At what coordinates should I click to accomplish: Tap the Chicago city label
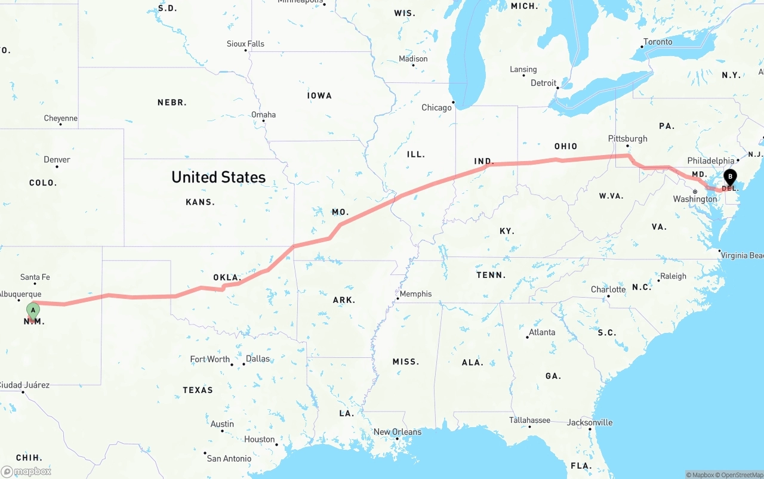(436, 108)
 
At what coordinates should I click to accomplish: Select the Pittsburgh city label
(627, 138)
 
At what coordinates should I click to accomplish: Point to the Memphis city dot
(398, 298)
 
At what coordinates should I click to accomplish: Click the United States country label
(218, 177)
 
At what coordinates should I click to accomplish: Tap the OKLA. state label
(227, 278)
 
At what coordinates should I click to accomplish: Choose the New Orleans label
(397, 432)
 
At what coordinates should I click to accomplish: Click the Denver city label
(57, 159)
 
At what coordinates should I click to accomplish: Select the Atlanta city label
(542, 332)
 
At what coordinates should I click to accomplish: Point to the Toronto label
(657, 42)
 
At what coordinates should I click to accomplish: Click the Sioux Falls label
(245, 44)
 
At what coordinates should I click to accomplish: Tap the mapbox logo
(26, 471)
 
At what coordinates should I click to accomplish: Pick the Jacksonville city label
(590, 422)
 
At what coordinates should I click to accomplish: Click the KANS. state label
(200, 202)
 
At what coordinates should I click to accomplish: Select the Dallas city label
(258, 359)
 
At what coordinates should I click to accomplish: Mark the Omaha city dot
(263, 121)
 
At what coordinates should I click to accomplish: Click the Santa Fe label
(35, 277)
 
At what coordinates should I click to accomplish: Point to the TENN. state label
(491, 275)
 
